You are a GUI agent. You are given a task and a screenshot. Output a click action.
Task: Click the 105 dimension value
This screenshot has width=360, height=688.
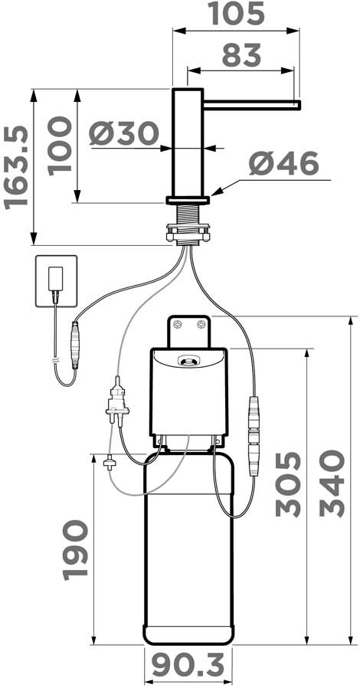[x=237, y=13]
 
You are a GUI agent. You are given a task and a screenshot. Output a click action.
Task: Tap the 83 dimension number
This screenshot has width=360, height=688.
[x=241, y=55]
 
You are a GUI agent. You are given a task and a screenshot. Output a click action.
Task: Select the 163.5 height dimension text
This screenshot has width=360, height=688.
[x=16, y=168]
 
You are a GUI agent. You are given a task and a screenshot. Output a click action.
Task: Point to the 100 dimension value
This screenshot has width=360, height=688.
[x=60, y=146]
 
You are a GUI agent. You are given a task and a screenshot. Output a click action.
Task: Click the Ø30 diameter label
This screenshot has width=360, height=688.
[x=123, y=133]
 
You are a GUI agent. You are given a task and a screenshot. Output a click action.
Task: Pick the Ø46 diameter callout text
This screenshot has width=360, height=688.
[x=284, y=164]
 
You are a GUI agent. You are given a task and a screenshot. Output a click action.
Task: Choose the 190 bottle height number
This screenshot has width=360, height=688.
[x=76, y=550]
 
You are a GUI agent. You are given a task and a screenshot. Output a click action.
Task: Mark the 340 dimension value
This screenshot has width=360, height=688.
[x=332, y=483]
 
